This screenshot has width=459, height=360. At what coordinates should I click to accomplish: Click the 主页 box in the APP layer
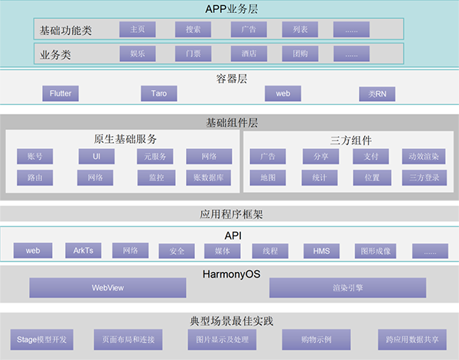[138, 30]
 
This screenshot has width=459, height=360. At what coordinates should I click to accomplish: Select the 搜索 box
[193, 30]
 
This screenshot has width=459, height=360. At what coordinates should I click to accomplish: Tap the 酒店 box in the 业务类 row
[249, 55]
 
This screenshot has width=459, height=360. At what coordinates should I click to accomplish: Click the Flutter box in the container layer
[60, 93]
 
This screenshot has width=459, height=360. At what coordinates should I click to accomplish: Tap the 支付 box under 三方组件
[371, 157]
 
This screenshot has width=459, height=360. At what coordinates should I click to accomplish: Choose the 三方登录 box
[423, 177]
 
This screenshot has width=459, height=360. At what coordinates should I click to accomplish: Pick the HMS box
[321, 251]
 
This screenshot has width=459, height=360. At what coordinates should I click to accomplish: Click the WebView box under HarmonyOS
[107, 288]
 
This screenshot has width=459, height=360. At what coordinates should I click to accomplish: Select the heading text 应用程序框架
[229, 215]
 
